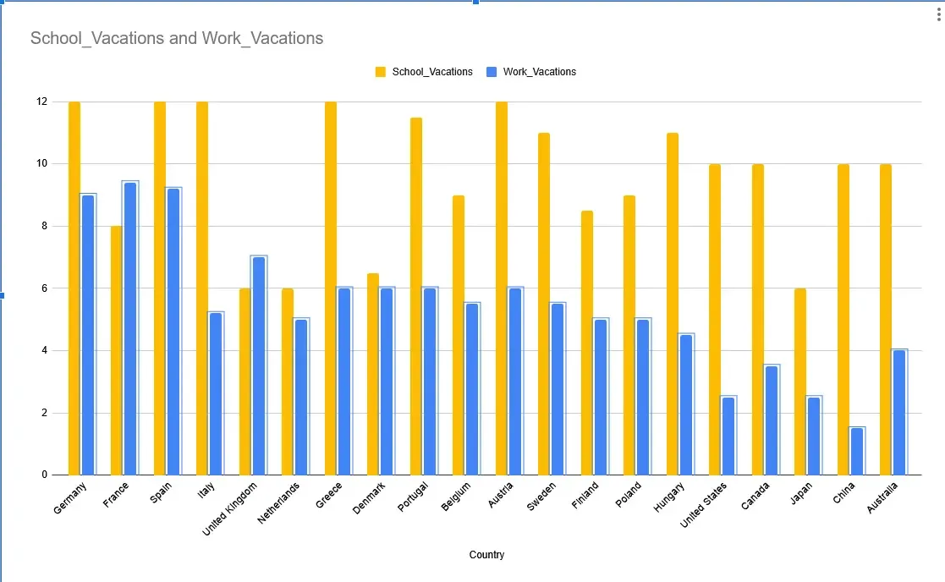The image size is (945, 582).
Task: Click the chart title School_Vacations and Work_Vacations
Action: [177, 38]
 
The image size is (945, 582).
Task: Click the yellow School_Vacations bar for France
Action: [117, 350]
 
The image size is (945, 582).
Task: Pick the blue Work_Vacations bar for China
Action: [857, 451]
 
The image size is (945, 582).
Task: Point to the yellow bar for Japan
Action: [800, 382]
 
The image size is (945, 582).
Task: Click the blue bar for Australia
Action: [899, 412]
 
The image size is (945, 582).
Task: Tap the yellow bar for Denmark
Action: [373, 374]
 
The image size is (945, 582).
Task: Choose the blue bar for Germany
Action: [88, 334]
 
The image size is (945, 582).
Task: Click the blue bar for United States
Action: [728, 436]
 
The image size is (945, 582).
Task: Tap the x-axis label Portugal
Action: [412, 497]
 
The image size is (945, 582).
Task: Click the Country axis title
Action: [486, 555]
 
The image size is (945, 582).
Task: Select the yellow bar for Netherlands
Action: [288, 382]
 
